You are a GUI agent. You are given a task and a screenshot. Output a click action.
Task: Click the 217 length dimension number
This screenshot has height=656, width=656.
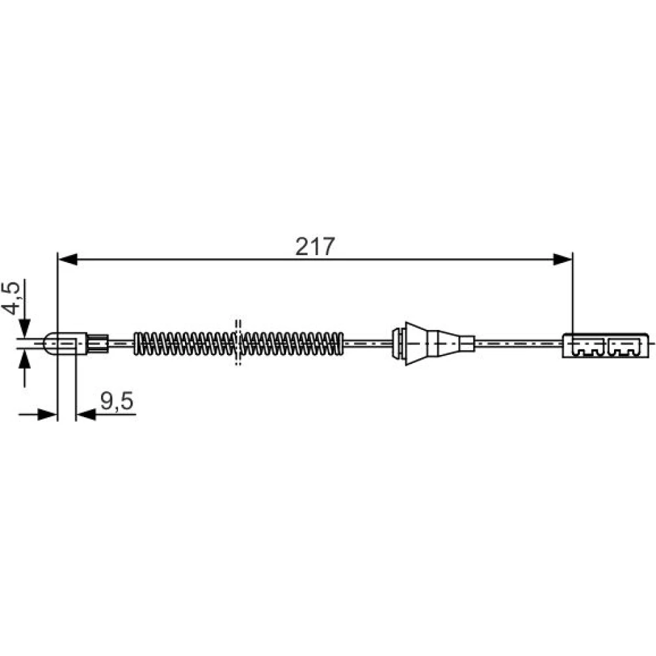pos(315,247)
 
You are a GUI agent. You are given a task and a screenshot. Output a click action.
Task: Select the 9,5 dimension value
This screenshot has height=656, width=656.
pos(117,400)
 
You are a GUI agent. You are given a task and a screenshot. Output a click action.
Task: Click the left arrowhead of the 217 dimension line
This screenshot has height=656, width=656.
pos(68,259)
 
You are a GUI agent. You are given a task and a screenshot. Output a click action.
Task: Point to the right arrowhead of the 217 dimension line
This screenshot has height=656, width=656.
pos(562,259)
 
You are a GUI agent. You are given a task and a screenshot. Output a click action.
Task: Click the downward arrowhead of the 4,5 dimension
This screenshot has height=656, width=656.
pos(25,327)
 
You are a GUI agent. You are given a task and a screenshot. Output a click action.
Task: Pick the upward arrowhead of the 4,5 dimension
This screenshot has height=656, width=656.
pos(25,359)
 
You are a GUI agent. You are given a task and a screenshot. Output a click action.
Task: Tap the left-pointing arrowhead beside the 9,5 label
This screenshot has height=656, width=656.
pos(86,415)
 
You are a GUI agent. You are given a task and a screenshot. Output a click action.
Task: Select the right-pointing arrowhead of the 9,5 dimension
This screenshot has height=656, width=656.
pos(47,415)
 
